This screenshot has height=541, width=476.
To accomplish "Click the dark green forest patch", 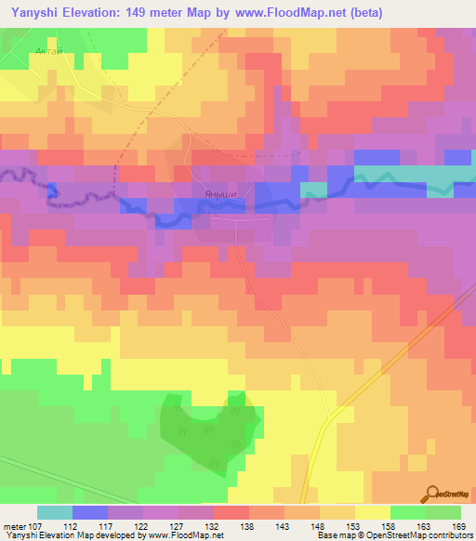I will tap(205, 432).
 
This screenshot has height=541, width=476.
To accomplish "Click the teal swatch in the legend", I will tap(54, 511).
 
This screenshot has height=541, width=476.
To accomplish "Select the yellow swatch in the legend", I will tap(372, 511).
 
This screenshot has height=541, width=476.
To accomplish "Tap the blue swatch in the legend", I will tap(89, 511).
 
